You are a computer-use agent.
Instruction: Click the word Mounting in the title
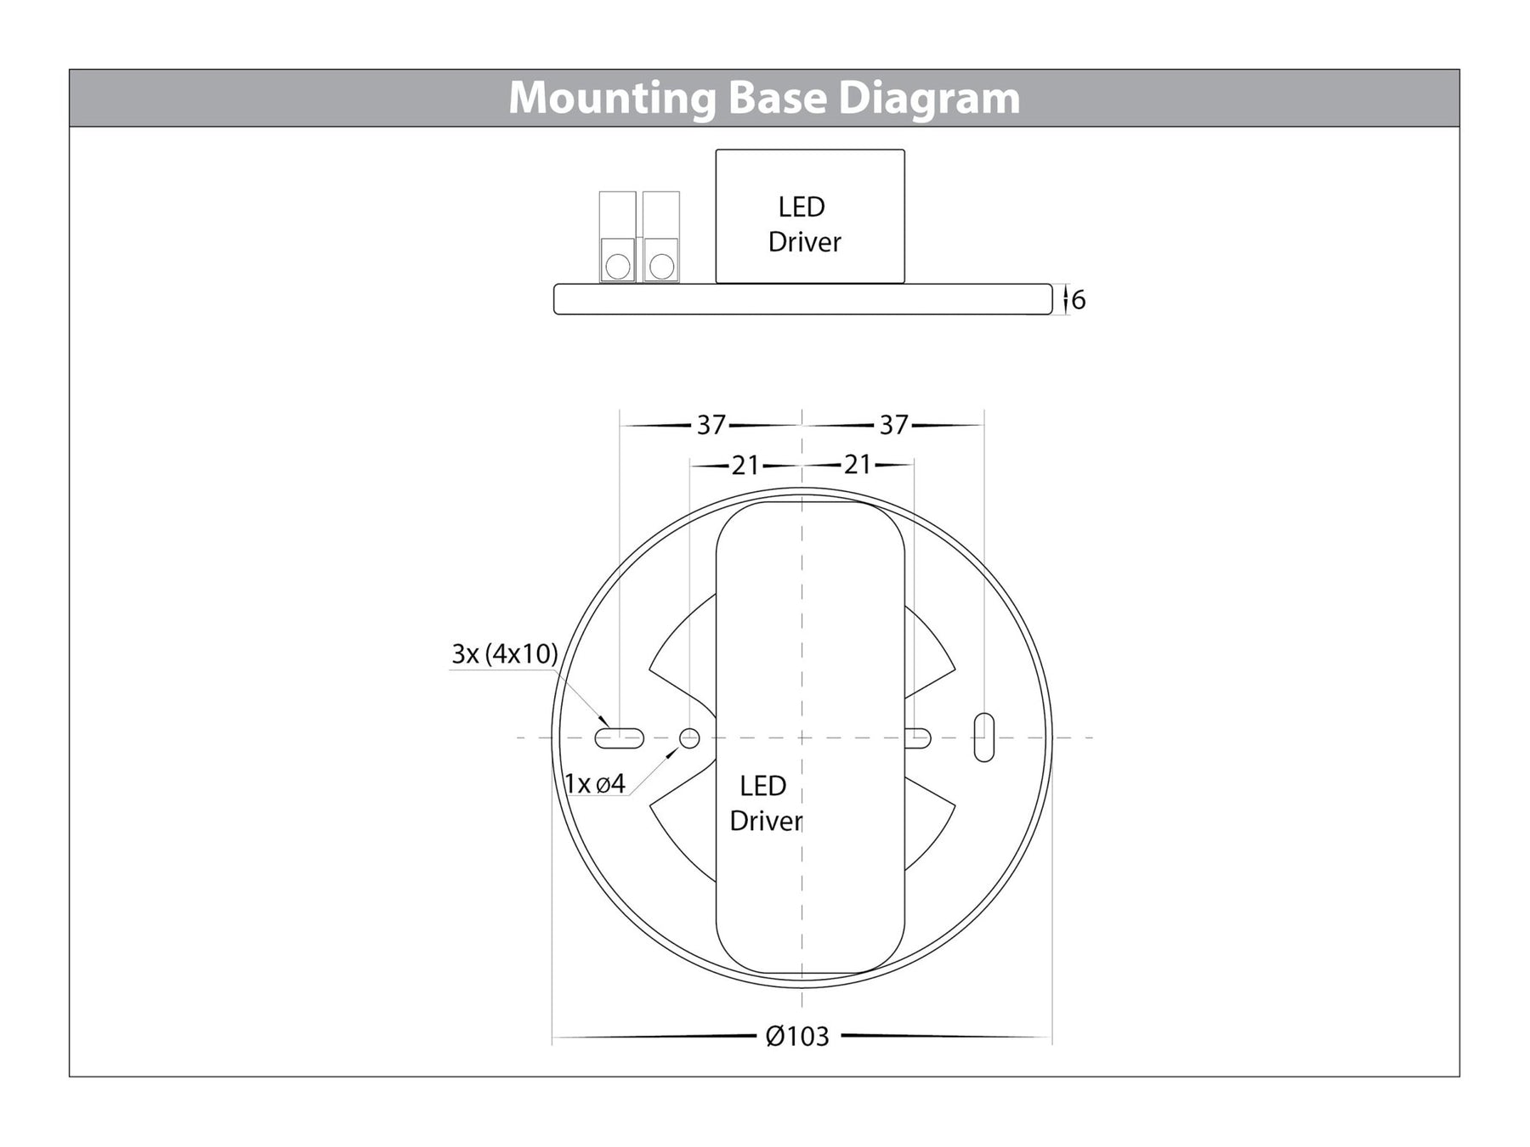click(x=613, y=99)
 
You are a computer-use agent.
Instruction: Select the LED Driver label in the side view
click(x=803, y=224)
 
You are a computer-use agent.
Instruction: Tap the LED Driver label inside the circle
click(x=764, y=803)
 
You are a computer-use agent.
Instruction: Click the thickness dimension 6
click(x=1079, y=300)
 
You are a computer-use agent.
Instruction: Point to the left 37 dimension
click(x=711, y=425)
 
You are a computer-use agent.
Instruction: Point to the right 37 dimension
click(x=893, y=425)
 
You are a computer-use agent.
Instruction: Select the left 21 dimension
click(x=745, y=466)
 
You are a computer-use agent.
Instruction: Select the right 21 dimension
click(x=858, y=465)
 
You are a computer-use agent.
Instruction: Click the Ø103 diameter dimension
click(x=796, y=1037)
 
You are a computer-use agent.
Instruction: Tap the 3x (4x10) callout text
click(x=504, y=654)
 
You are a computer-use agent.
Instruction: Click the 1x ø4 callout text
click(x=595, y=783)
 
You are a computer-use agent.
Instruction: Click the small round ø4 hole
click(x=689, y=737)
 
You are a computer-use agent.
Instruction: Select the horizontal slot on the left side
click(x=619, y=738)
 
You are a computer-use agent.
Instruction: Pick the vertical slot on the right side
click(x=983, y=737)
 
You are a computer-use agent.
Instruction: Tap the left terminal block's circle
click(x=617, y=266)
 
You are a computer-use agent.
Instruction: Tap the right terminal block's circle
click(x=661, y=266)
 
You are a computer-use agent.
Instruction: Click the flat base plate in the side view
click(x=802, y=300)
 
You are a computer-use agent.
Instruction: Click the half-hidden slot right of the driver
click(x=919, y=738)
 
